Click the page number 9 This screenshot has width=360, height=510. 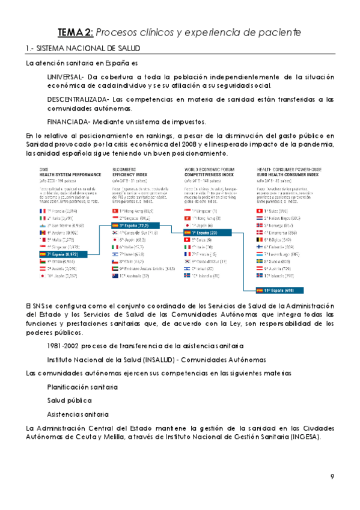tap(332, 477)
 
